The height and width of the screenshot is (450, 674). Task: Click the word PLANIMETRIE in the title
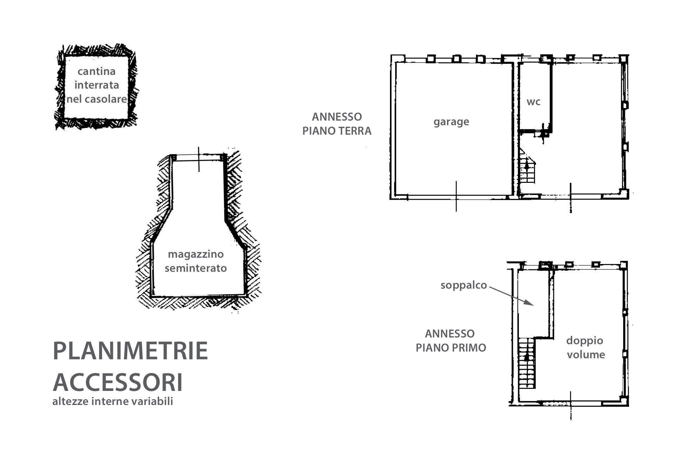pyautogui.click(x=130, y=351)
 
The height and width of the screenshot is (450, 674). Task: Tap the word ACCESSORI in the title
pyautogui.click(x=118, y=382)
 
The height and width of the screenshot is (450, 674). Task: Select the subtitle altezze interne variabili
pyautogui.click(x=113, y=401)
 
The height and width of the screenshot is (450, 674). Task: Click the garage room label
pyautogui.click(x=451, y=122)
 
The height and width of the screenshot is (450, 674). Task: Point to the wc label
pyautogui.click(x=534, y=102)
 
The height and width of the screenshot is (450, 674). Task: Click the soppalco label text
pyautogui.click(x=464, y=285)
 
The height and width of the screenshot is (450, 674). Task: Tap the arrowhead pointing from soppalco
pyautogui.click(x=530, y=303)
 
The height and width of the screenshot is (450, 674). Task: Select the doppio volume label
pyautogui.click(x=586, y=347)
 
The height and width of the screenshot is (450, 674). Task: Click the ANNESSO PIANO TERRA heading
pyautogui.click(x=337, y=124)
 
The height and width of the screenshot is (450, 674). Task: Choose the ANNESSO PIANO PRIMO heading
pyautogui.click(x=451, y=341)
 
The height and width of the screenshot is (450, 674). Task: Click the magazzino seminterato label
pyautogui.click(x=196, y=261)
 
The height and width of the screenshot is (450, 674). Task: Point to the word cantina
pyautogui.click(x=97, y=71)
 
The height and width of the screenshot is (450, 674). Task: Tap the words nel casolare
pyautogui.click(x=97, y=99)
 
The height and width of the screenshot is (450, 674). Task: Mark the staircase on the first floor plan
pyautogui.click(x=527, y=363)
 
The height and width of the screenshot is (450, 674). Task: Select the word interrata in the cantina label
pyautogui.click(x=97, y=85)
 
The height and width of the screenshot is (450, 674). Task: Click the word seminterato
pyautogui.click(x=196, y=268)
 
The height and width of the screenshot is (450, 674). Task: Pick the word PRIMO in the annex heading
pyautogui.click(x=469, y=348)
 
